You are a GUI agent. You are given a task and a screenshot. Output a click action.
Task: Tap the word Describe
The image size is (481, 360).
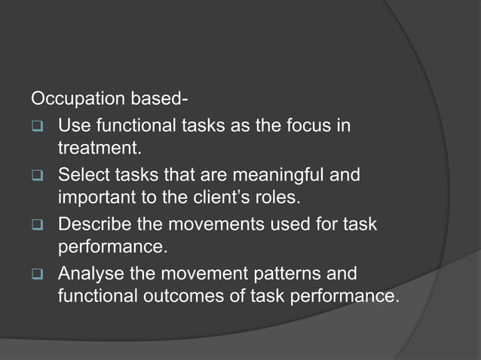click(x=94, y=224)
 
